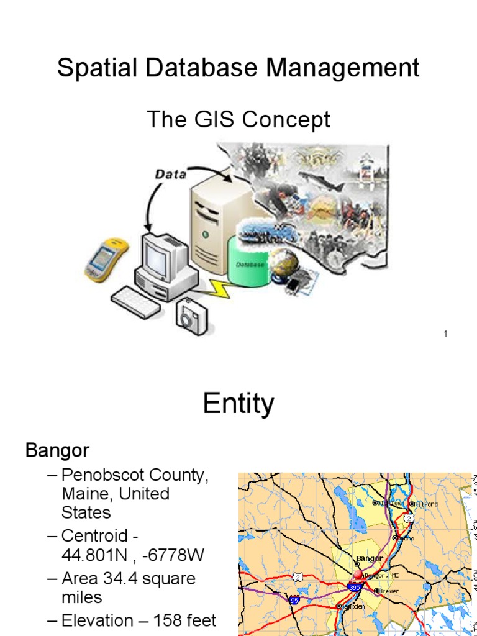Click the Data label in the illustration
[170, 175]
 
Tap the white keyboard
[136, 302]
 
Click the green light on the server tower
[204, 234]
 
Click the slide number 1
[445, 335]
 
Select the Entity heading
[238, 404]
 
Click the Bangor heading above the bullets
[57, 450]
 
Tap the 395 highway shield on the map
[355, 586]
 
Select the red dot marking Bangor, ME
[358, 575]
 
